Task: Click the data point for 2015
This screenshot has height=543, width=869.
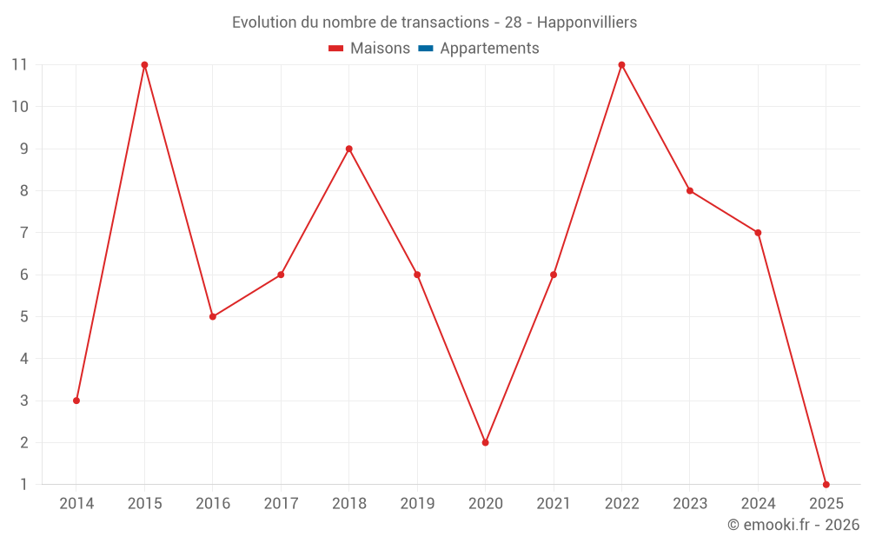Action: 144,65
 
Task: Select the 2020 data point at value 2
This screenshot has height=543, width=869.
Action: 485,442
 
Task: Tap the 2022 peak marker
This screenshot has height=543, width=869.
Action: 621,65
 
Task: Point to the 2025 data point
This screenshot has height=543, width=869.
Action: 826,484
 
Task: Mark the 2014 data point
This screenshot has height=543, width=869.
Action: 76,401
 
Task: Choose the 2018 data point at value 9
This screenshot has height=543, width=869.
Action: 348,149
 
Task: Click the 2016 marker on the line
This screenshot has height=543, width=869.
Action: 213,316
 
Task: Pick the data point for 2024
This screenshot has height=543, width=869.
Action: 758,233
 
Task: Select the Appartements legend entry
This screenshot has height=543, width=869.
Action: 489,49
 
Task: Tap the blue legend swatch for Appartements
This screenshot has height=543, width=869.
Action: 425,49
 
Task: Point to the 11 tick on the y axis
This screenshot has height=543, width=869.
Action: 19,65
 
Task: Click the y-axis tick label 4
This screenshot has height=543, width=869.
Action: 23,359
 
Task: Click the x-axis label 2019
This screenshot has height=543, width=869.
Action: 417,503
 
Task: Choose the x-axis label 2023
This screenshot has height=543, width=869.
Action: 690,503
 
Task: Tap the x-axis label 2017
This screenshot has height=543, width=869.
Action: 281,503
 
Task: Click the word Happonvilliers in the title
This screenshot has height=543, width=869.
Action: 587,22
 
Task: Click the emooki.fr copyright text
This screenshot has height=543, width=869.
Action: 793,525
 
